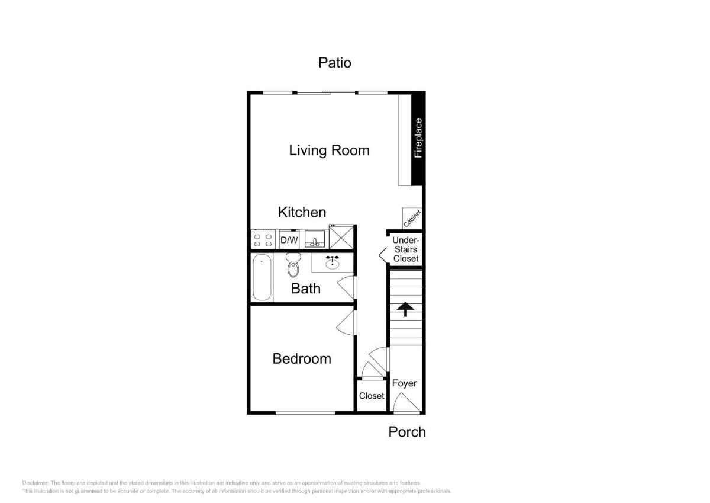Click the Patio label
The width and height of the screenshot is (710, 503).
pyautogui.click(x=335, y=63)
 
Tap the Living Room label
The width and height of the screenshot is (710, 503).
pyautogui.click(x=329, y=150)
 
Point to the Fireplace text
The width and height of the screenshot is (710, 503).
pyautogui.click(x=418, y=138)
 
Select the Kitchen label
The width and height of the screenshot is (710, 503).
pyautogui.click(x=302, y=212)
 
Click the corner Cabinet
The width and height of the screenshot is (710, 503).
pyautogui.click(x=412, y=218)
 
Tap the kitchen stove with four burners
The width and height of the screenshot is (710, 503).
pyautogui.click(x=263, y=239)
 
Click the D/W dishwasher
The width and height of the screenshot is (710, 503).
pyautogui.click(x=289, y=240)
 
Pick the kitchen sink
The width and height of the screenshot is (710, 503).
pyautogui.click(x=314, y=239)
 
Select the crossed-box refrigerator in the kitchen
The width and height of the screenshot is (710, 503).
pyautogui.click(x=341, y=236)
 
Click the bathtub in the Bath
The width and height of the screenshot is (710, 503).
pyautogui.click(x=262, y=277)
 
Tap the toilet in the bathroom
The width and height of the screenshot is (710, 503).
pyautogui.click(x=293, y=265)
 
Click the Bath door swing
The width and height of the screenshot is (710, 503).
pyautogui.click(x=347, y=287)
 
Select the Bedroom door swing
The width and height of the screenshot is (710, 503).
pyautogui.click(x=347, y=322)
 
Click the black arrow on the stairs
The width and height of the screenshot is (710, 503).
pyautogui.click(x=405, y=309)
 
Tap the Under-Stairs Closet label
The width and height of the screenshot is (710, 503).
pyautogui.click(x=406, y=249)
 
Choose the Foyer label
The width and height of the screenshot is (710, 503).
pyautogui.click(x=404, y=383)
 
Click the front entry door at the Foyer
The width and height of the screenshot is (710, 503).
pyautogui.click(x=406, y=403)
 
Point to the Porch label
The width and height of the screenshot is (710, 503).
pyautogui.click(x=407, y=432)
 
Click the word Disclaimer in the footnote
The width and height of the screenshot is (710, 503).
pyautogui.click(x=35, y=483)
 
